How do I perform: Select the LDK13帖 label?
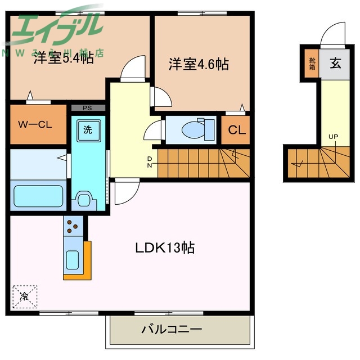point(164,248)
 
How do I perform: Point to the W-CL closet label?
point(35,125)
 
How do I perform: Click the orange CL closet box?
point(236,130)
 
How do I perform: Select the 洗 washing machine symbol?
point(88,129)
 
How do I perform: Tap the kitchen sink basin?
point(73,260)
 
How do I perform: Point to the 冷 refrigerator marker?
point(25,295)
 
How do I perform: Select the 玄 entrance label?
point(335,63)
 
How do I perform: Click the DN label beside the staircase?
point(150,163)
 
